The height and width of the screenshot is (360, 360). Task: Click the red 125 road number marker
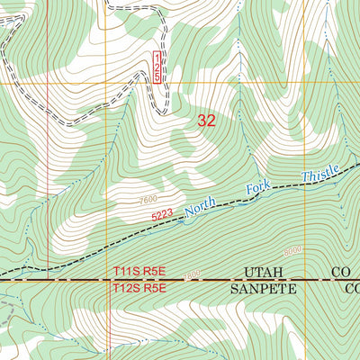pyautogui.click(x=157, y=67)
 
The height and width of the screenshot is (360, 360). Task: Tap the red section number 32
pyautogui.click(x=205, y=121)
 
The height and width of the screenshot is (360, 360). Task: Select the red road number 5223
pyautogui.click(x=162, y=215)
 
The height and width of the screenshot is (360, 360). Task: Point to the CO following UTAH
pyautogui.click(x=340, y=272)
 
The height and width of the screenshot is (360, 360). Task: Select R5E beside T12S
pyautogui.click(x=155, y=288)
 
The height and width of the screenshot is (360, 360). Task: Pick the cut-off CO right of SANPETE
pyautogui.click(x=351, y=289)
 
